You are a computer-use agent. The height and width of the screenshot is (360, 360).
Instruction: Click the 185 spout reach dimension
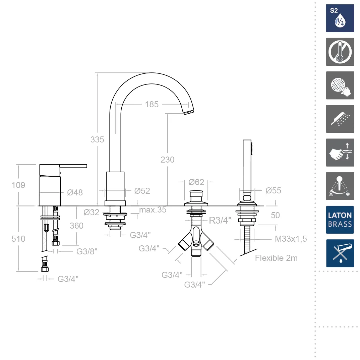click(x=152, y=105)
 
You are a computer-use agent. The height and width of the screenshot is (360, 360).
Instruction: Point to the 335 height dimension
click(x=97, y=139)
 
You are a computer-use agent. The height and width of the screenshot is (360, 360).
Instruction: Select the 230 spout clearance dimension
click(x=167, y=160)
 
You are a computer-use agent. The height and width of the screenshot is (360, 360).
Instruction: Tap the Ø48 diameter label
click(x=75, y=192)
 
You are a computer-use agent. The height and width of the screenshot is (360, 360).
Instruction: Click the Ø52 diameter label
click(x=142, y=191)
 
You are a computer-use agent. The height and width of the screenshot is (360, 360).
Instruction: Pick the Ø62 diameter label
click(x=196, y=182)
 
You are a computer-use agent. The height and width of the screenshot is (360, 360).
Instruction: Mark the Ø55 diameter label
click(x=273, y=190)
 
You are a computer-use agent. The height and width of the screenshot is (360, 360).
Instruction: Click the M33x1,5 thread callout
click(x=291, y=239)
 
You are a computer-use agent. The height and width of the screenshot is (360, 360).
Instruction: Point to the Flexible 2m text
click(x=276, y=258)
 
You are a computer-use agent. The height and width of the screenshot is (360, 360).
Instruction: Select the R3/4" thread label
click(x=220, y=221)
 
